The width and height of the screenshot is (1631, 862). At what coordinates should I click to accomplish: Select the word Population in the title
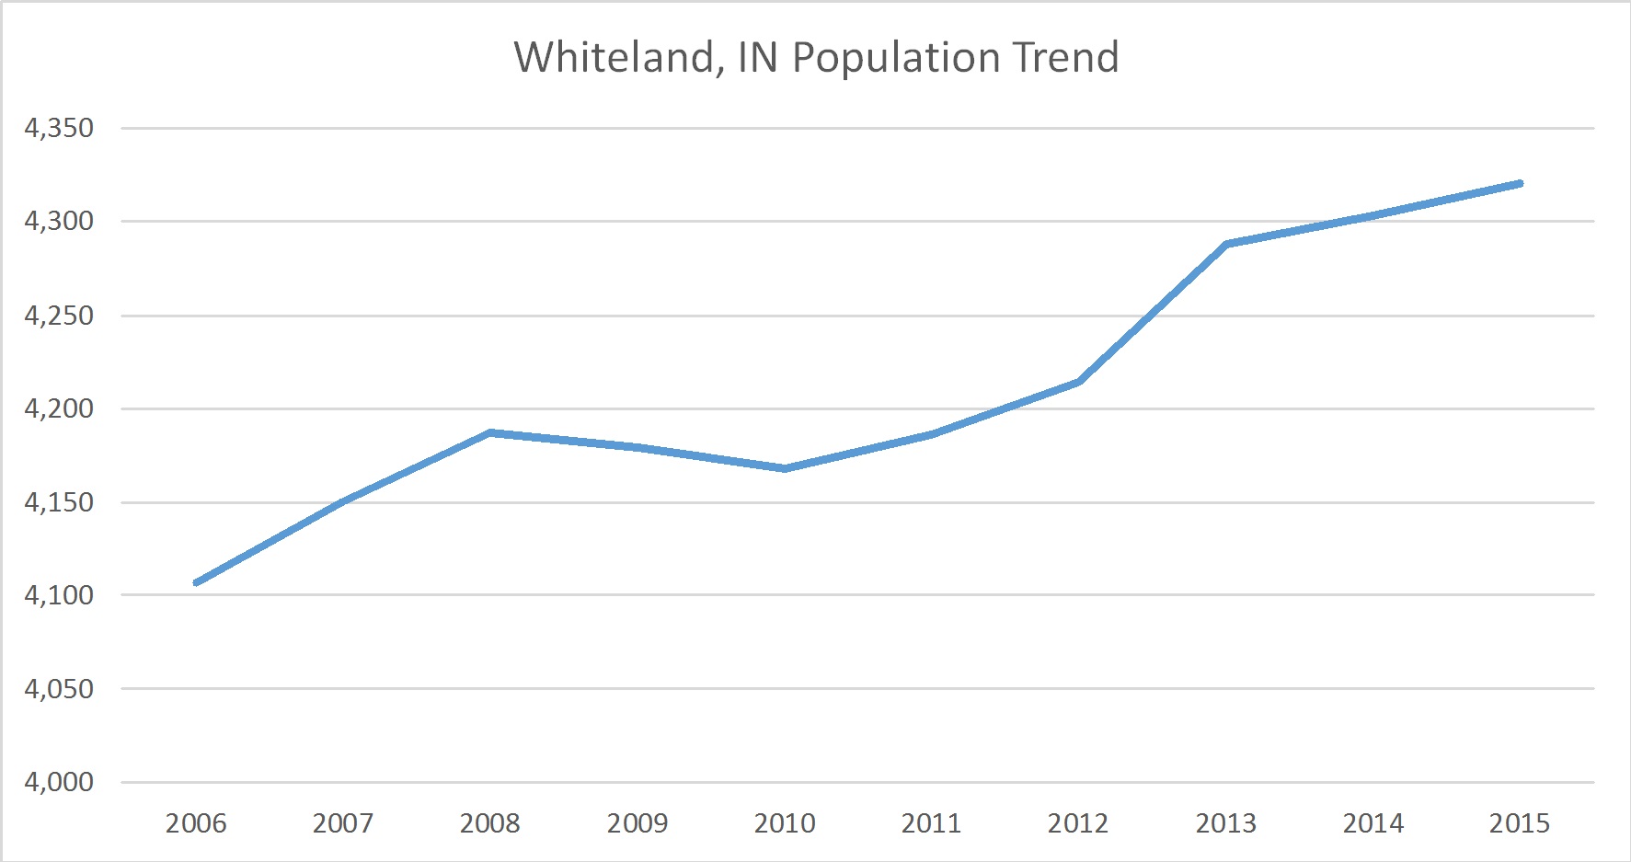point(895,59)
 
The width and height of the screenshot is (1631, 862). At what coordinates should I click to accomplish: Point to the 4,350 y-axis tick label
point(59,128)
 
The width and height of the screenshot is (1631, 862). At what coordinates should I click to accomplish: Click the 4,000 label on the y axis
point(59,782)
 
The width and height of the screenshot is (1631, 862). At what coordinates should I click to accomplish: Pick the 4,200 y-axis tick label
point(59,408)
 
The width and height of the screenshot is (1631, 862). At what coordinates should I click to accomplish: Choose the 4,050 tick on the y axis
point(59,688)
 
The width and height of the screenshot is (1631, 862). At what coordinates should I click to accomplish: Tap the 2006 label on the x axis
point(196,822)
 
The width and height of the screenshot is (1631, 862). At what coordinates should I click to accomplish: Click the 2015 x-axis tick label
point(1520,822)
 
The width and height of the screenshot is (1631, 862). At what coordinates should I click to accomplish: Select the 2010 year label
point(785,822)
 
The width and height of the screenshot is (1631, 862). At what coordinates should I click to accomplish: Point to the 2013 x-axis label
point(1225,822)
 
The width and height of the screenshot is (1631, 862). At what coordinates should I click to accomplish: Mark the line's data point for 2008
point(490,432)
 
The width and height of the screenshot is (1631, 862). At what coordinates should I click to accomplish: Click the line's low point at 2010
point(785,468)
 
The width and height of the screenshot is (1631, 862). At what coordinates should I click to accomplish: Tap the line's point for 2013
point(1226,244)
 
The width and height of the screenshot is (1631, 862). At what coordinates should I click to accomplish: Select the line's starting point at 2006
point(196,582)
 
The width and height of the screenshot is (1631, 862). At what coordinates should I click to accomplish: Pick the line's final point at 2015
point(1520,184)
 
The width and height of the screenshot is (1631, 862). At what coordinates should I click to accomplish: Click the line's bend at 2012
point(1078,382)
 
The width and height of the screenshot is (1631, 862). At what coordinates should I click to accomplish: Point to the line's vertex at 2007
point(343,501)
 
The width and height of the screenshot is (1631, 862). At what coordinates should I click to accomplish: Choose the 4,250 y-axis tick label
point(59,316)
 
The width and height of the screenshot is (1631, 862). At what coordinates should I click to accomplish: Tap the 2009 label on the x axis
point(637,822)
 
